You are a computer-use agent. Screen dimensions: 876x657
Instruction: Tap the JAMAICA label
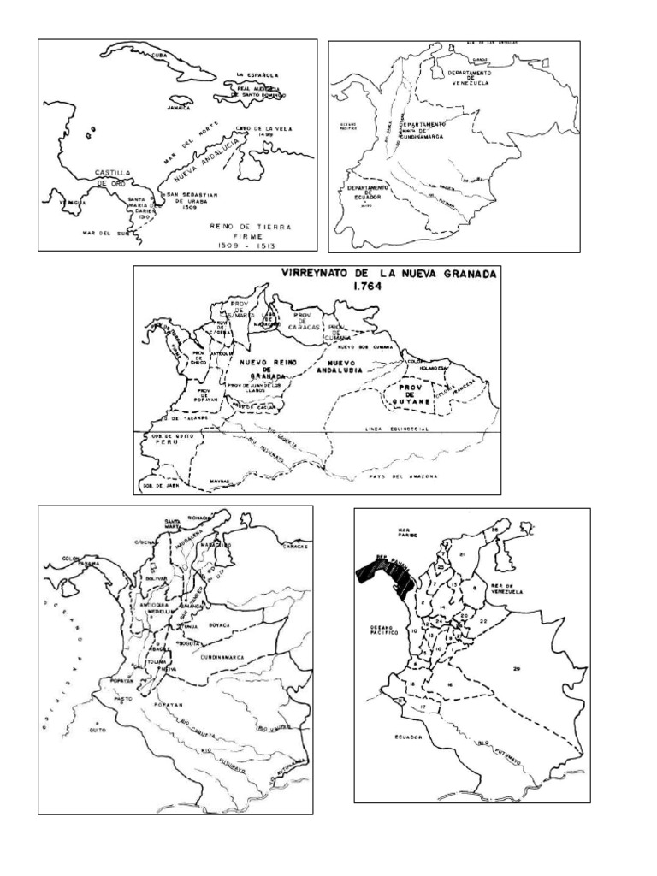click(181, 109)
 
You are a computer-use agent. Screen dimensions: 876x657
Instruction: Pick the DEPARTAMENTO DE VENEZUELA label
click(469, 78)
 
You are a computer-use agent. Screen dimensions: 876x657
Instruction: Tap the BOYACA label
click(220, 626)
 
